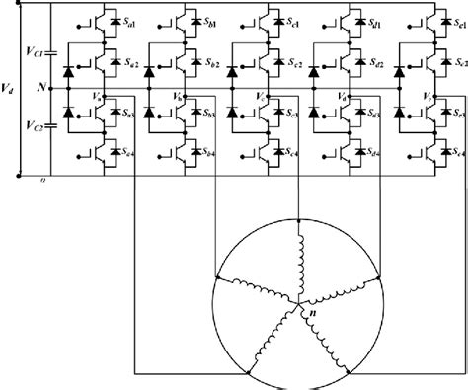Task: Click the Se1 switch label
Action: click(x=456, y=23)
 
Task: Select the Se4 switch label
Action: click(x=456, y=153)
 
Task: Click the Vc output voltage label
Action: click(x=258, y=96)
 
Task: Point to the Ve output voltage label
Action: click(x=425, y=96)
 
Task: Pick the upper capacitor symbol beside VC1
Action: click(x=52, y=49)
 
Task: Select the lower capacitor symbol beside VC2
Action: click(x=52, y=125)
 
